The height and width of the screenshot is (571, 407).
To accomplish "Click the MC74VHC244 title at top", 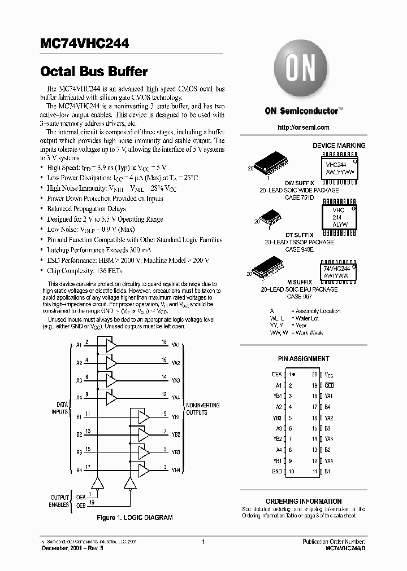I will click(x=84, y=43).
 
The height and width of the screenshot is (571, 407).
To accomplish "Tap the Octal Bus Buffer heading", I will click(x=94, y=72).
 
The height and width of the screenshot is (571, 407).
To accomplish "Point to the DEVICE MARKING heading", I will click(x=339, y=146).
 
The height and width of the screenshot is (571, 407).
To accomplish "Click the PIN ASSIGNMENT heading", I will click(x=304, y=359).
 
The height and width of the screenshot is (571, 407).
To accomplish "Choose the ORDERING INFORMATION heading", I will click(x=304, y=501).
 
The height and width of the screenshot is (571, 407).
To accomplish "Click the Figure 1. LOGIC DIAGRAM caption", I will click(x=135, y=517).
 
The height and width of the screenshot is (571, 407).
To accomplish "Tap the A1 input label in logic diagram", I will click(x=79, y=345).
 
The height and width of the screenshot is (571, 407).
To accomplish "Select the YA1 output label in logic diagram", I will click(x=176, y=345).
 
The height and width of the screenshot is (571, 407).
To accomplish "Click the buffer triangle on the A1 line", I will click(x=111, y=345).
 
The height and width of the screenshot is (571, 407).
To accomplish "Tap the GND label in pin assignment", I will click(x=276, y=471).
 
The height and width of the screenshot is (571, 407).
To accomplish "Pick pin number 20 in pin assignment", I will click(x=314, y=375).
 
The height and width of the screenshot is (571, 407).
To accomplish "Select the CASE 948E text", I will click(x=300, y=248).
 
